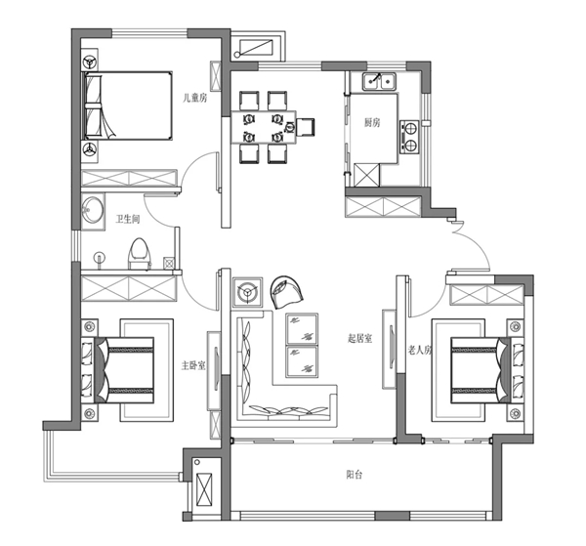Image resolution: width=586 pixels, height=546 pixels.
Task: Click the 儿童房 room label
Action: click(x=194, y=99)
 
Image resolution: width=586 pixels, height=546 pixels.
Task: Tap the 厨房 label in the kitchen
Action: click(x=372, y=122)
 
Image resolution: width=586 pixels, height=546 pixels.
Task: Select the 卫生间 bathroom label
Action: click(x=128, y=219)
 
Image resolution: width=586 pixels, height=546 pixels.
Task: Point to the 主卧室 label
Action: click(x=193, y=365)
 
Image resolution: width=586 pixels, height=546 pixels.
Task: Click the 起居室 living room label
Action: click(x=359, y=339)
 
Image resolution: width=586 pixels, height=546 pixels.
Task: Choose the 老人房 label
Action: click(x=419, y=351)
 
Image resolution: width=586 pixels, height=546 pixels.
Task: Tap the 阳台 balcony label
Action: click(x=354, y=475)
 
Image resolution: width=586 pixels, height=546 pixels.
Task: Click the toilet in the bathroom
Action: click(x=139, y=254)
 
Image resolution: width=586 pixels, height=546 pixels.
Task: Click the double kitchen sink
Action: click(x=379, y=82)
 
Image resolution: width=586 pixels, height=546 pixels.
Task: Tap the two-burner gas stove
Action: click(x=409, y=137)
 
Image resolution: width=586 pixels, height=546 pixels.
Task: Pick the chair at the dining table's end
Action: click(x=305, y=127)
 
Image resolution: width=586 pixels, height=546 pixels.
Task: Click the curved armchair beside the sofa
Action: click(x=286, y=292)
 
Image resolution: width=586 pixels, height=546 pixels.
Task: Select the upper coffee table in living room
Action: click(x=302, y=329)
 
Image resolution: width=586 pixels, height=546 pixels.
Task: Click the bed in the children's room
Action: click(x=127, y=105)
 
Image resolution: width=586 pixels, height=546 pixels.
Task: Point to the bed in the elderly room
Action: click(x=481, y=370)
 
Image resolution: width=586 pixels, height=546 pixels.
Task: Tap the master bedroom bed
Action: click(x=124, y=370)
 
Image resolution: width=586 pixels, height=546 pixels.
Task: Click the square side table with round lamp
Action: click(x=247, y=292)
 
